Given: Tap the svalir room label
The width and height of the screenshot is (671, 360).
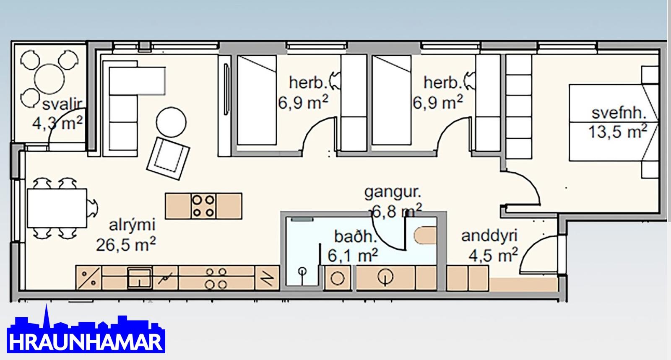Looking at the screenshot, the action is pos(62,105).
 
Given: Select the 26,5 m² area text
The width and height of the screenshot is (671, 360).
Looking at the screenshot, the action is pos(126,244).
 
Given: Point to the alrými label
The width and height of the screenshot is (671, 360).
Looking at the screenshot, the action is pos(132,225).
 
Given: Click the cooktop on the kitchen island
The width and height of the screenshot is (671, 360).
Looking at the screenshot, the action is pos(203,206).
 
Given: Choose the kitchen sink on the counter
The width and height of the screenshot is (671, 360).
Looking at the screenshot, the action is pos(139,278).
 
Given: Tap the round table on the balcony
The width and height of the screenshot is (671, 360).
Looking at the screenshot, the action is pos(49,79).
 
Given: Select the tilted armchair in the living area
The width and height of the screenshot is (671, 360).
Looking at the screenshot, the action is pos(168,158).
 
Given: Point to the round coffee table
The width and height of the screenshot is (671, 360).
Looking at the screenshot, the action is pos(171,122).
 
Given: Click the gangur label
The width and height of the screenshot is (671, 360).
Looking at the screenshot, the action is pos(393,193).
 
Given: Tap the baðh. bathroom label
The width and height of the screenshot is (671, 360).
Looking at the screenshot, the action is pos(355,237).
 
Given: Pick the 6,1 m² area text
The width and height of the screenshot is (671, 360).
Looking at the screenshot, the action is pos(353,256).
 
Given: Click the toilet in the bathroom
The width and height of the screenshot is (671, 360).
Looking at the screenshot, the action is pos(425,236).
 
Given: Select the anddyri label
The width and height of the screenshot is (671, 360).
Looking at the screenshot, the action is pos(489,236).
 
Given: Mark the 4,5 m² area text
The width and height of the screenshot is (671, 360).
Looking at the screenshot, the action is pos(493,255).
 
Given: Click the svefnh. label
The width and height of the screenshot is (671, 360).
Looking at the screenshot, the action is pos(619,113).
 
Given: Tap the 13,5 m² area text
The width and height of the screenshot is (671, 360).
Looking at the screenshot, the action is pos(618,132).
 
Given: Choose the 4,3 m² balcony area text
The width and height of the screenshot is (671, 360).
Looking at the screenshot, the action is pos(57,123).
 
